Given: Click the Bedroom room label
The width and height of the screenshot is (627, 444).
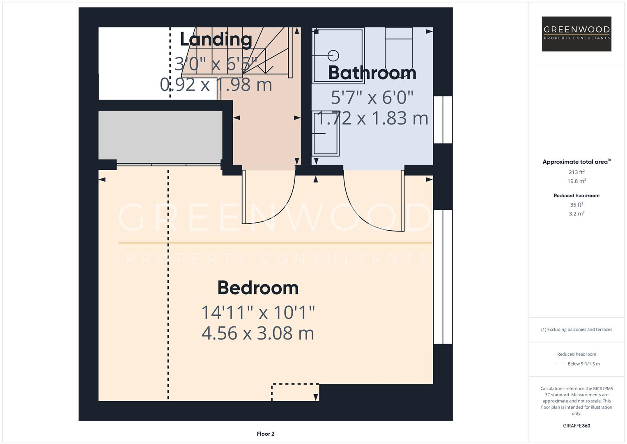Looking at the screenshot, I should click(258, 288).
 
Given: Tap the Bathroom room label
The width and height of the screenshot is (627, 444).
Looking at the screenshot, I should click(372, 73).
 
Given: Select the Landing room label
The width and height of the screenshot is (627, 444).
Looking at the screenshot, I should click(216, 39).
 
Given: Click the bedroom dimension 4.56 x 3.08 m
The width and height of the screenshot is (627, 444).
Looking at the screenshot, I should click(258, 333).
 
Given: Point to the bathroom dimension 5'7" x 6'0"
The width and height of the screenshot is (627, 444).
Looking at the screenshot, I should click(372, 97).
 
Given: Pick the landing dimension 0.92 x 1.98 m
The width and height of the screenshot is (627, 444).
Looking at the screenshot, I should click(216, 85).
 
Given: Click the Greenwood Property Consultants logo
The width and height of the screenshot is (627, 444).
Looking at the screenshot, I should click(576, 34).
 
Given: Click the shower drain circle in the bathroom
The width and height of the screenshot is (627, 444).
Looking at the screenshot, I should click(333, 55).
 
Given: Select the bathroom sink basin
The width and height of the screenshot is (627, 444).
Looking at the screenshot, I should click(326, 133).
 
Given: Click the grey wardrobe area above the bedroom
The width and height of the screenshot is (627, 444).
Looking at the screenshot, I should click(160, 135).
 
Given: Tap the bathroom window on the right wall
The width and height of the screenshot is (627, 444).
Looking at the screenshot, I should click(443, 120).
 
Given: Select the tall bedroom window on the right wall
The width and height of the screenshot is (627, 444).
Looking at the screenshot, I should click(443, 276).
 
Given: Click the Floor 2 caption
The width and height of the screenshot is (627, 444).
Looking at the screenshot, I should click(266, 434).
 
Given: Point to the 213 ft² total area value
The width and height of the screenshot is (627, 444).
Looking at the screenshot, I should click(576, 172).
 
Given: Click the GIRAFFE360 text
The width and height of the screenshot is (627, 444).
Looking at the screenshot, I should click(576, 425).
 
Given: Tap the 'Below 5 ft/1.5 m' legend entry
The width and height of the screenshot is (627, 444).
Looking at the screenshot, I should click(583, 364).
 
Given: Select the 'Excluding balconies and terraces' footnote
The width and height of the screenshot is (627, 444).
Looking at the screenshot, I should click(576, 329).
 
